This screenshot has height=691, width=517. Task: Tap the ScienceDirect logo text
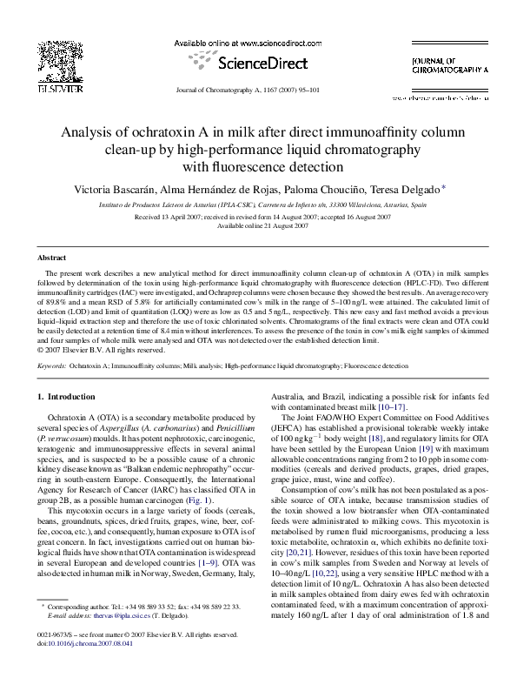point(257,64)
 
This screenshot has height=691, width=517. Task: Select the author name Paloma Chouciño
point(315,189)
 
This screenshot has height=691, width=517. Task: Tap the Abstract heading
point(52,258)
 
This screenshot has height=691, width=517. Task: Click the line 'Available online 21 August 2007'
point(258,225)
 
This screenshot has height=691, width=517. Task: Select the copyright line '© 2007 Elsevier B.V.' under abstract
point(102,351)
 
